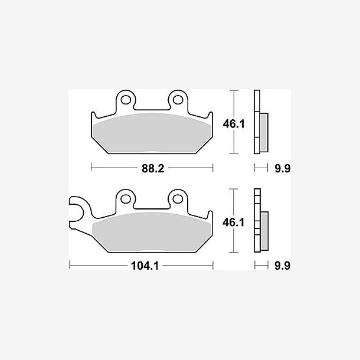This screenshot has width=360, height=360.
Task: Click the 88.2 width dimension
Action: pyautogui.click(x=153, y=168)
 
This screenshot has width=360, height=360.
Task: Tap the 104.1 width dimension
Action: pyautogui.click(x=145, y=266)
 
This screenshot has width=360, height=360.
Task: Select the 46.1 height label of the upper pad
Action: pyautogui.click(x=234, y=124)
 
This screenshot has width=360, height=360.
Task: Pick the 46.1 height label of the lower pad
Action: pyautogui.click(x=234, y=222)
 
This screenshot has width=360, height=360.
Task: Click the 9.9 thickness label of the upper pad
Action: pyautogui.click(x=283, y=169)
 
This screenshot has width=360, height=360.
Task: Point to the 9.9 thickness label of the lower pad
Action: pyautogui.click(x=283, y=266)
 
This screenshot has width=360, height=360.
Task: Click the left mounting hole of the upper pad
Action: pyautogui.click(x=126, y=100)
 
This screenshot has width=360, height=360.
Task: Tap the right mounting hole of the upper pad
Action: pyautogui.click(x=178, y=100)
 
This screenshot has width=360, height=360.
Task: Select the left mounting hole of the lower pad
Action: pyautogui.click(x=126, y=199)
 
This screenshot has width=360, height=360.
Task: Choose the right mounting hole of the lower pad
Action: pyautogui.click(x=178, y=199)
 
